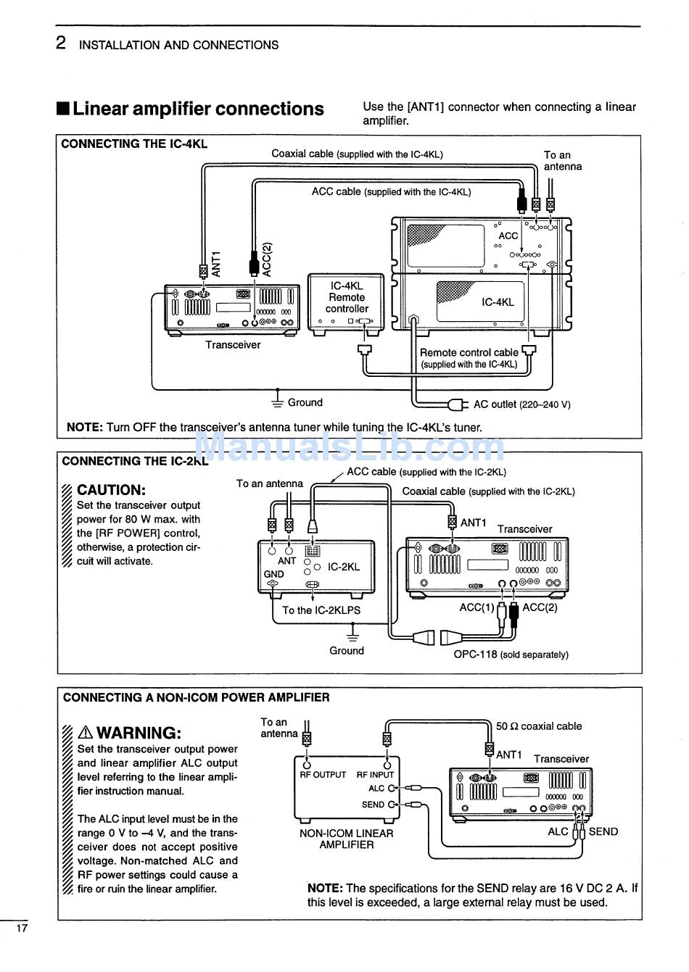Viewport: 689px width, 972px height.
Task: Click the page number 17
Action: [22, 929]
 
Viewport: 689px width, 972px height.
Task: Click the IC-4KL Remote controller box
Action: [346, 304]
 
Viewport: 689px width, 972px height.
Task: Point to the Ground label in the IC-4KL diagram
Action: [305, 402]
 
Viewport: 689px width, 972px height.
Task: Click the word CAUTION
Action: [111, 490]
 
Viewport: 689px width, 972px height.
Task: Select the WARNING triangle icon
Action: [85, 733]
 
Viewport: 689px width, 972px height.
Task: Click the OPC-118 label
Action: [475, 654]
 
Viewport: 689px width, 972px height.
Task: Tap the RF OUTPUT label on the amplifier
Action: [323, 775]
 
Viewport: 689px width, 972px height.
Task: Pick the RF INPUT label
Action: [375, 775]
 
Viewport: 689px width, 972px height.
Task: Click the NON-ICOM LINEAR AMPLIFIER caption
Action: [347, 839]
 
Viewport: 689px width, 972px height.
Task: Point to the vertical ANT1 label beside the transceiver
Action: [216, 264]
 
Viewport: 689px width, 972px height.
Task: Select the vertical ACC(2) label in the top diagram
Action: [267, 259]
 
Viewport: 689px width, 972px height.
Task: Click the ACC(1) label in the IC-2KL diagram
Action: [476, 607]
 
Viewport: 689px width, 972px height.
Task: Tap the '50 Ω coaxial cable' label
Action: [539, 726]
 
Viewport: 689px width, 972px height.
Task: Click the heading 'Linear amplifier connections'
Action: [198, 109]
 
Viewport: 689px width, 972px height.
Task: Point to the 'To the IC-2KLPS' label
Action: [321, 610]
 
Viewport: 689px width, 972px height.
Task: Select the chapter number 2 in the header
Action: [61, 43]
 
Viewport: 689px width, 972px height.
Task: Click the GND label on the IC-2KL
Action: [273, 574]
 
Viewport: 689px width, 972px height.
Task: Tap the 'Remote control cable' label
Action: [469, 352]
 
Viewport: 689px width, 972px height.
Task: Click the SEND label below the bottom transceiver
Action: [603, 831]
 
